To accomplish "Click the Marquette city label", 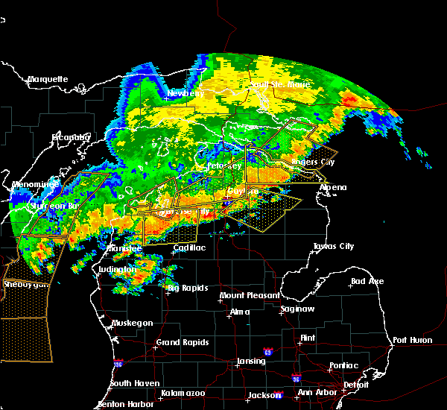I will tap(48, 79).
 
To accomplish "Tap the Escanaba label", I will tap(70, 137).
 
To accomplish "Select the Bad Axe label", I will tap(367, 282).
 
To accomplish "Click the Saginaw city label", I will tap(297, 309).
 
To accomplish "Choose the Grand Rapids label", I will tap(183, 343).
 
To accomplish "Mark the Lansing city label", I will tap(250, 362).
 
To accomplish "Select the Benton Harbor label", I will tap(121, 404).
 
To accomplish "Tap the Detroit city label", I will tap(356, 385).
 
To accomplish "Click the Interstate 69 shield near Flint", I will tap(267, 351).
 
